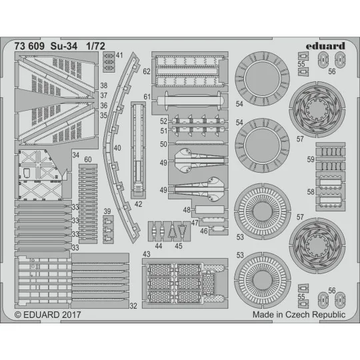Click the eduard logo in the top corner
point(327,46)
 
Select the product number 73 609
point(29,47)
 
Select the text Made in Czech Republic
point(299,313)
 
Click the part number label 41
point(119,56)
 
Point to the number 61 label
point(145,97)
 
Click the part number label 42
point(137,205)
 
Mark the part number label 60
point(88,160)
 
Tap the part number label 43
point(146,254)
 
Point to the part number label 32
point(134,306)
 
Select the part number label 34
point(75,154)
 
